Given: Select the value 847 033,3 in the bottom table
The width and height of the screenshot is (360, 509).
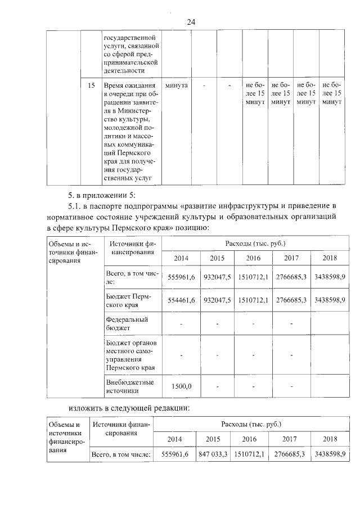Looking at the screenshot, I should click(x=213, y=453).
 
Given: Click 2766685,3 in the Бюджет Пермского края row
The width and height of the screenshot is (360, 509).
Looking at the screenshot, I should click(x=291, y=300).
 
